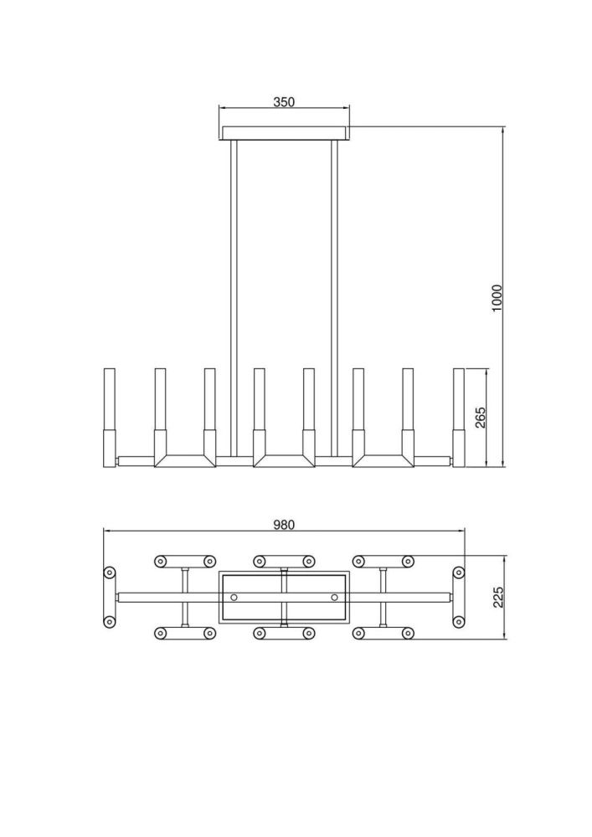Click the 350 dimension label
pyautogui.click(x=284, y=102)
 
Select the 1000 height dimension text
pyautogui.click(x=497, y=298)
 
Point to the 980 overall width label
pyautogui.click(x=284, y=525)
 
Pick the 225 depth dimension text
pyautogui.click(x=497, y=597)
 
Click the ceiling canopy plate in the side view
pyautogui.click(x=285, y=133)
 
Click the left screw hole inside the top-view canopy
pyautogui.click(x=234, y=597)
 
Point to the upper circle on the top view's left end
pyautogui.click(x=109, y=573)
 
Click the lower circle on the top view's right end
pyautogui.click(x=458, y=621)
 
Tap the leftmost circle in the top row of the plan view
pyautogui.click(x=161, y=561)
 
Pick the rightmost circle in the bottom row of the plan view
pyautogui.click(x=408, y=634)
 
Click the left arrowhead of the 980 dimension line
pyautogui.click(x=106, y=531)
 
